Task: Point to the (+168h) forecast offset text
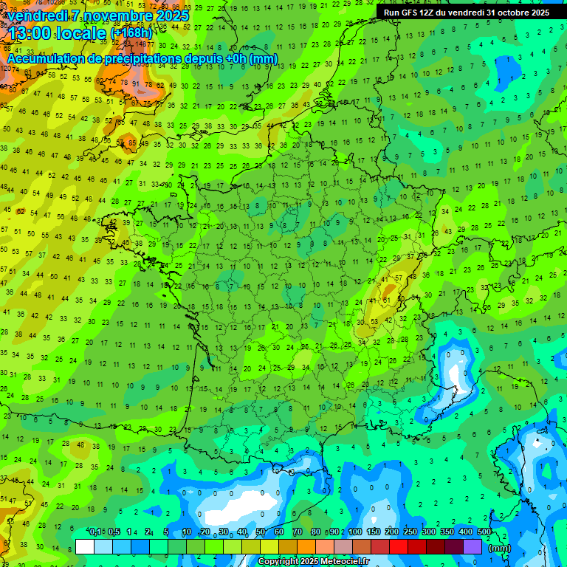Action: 131,33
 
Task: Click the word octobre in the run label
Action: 509,13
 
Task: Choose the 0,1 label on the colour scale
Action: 95,532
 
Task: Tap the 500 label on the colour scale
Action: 484,532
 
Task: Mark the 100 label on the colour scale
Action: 355,532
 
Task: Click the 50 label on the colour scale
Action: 260,532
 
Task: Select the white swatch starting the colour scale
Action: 85,546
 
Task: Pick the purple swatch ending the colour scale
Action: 472,546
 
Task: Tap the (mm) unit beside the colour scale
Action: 500,548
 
